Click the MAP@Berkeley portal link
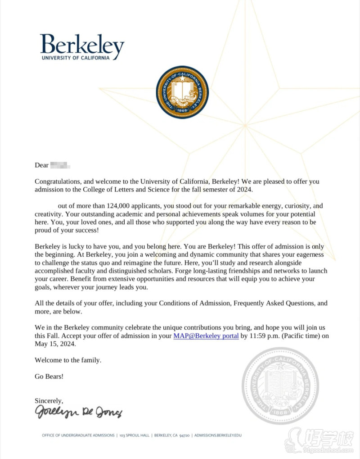pos(206,336)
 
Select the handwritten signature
pos(78,412)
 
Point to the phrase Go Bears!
pos(49,376)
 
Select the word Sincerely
pos(49,400)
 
